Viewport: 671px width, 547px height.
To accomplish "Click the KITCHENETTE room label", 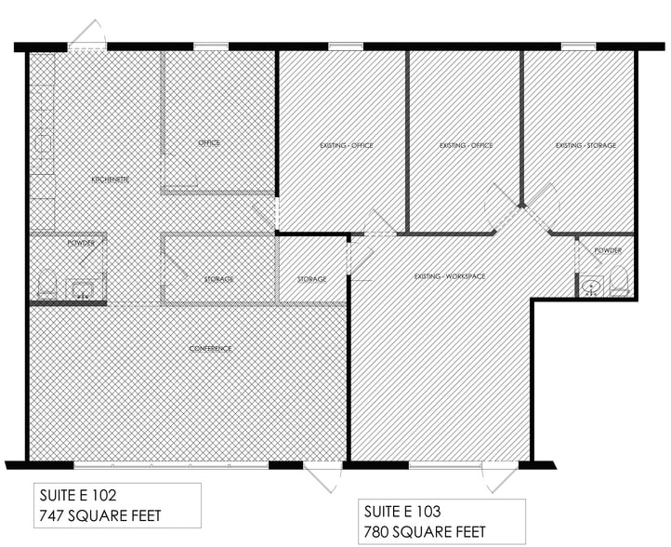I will tap(109, 178).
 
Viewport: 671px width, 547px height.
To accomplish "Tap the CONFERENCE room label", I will tap(210, 349).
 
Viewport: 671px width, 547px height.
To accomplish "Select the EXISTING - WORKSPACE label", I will tap(451, 276).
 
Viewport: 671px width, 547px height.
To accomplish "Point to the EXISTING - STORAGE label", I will tap(585, 145).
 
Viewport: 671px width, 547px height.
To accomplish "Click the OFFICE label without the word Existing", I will tap(208, 143).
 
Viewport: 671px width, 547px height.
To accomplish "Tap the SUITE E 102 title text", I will tap(78, 495).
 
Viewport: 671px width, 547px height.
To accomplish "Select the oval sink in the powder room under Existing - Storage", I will tap(591, 286).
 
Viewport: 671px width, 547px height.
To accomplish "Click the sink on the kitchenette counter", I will tap(43, 144).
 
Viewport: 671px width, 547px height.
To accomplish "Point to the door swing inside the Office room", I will tap(180, 173).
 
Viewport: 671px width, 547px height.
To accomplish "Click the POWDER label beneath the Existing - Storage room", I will tap(608, 251).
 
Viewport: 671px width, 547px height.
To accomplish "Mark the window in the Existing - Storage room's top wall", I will tap(578, 46).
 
